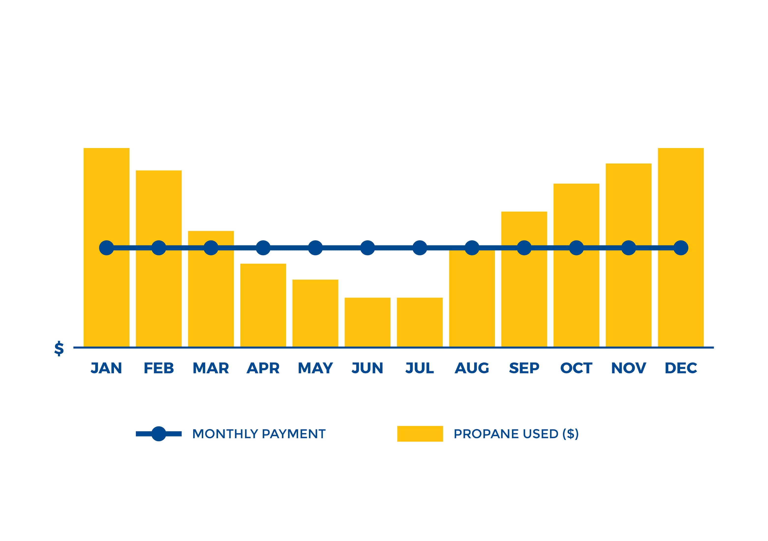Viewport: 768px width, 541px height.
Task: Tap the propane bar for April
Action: click(263, 305)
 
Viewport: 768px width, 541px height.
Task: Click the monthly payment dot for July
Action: click(420, 248)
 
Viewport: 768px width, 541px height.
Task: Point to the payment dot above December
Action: click(681, 248)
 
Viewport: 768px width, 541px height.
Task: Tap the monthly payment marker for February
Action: click(159, 248)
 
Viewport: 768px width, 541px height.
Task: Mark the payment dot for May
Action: click(315, 248)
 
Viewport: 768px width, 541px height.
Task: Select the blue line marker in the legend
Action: click(159, 434)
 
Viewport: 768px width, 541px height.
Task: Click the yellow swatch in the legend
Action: click(420, 434)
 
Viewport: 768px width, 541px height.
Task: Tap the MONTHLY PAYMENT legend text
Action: click(259, 434)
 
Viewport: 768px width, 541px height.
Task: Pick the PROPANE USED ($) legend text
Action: click(516, 434)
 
